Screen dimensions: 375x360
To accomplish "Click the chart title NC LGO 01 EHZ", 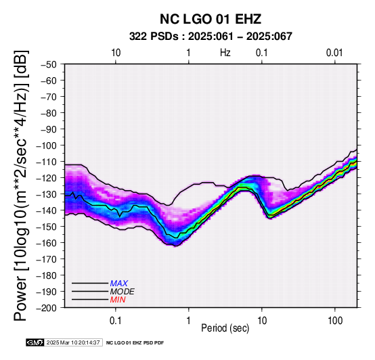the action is pos(211,19).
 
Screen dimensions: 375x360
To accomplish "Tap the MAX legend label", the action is pos(119,284).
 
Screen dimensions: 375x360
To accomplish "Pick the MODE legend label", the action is pos(123,292).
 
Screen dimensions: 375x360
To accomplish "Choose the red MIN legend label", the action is pos(118,300).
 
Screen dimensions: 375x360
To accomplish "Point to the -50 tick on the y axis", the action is pos(49,64).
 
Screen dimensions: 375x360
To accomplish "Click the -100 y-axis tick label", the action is pos(47,145).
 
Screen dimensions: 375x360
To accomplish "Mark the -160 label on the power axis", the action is pos(47,243).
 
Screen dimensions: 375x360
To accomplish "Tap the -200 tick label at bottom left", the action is pos(47,308).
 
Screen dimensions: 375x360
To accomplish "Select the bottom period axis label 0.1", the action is pos(116,321).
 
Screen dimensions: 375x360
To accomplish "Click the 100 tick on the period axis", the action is pos(335,321).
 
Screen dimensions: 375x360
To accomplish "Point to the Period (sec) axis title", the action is pos(225,328).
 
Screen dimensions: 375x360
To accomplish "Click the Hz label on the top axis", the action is pos(225,53).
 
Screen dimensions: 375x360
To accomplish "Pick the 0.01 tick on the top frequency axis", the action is pos(334,53).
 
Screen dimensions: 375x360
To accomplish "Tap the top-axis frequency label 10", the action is pos(116,53).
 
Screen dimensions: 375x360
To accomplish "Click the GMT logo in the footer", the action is pos(35,342).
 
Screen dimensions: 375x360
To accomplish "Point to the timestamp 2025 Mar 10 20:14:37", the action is pos(73,342).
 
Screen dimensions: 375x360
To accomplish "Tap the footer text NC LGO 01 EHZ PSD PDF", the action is pos(135,343).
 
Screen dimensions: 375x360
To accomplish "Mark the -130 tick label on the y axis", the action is pos(47,194).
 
